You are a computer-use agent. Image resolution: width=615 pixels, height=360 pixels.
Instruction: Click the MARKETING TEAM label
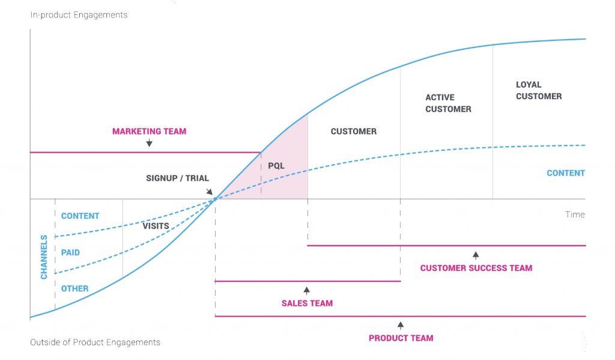[x=149, y=131]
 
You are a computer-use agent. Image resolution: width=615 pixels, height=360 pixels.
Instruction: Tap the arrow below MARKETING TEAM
[x=149, y=143]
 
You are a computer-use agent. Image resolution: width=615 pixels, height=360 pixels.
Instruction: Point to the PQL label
[x=276, y=165]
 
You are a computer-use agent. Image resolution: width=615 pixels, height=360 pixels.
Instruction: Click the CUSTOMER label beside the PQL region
[x=354, y=131]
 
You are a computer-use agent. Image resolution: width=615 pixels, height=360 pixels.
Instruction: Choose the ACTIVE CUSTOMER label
[x=448, y=103]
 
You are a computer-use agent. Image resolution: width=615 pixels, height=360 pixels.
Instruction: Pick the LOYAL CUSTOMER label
[x=539, y=90]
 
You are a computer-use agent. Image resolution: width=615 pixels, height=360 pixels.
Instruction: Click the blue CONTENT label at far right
[x=565, y=173]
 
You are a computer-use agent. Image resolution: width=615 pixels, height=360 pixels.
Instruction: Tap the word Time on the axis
[x=574, y=215]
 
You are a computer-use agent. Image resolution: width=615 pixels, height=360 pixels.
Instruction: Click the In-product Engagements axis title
[x=79, y=15]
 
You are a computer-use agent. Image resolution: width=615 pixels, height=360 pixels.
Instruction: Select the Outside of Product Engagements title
[x=95, y=342]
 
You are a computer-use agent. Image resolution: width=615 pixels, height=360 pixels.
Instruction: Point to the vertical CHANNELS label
[x=44, y=257]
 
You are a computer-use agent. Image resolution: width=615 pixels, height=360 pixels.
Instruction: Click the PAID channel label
[x=70, y=252]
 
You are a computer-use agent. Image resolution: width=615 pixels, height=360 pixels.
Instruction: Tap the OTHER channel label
[x=74, y=288]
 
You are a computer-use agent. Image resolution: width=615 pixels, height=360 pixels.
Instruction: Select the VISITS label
[x=156, y=226]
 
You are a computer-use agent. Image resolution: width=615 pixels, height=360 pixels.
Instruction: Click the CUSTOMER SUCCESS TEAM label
[x=476, y=268]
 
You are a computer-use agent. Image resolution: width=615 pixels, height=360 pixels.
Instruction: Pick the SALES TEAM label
[x=307, y=303]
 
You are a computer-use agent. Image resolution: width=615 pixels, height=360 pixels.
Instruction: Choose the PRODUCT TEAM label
[x=401, y=338]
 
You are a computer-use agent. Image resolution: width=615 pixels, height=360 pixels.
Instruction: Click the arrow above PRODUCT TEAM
[x=401, y=325]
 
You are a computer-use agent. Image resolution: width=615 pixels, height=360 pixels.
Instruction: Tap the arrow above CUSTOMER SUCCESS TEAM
[x=476, y=255]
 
